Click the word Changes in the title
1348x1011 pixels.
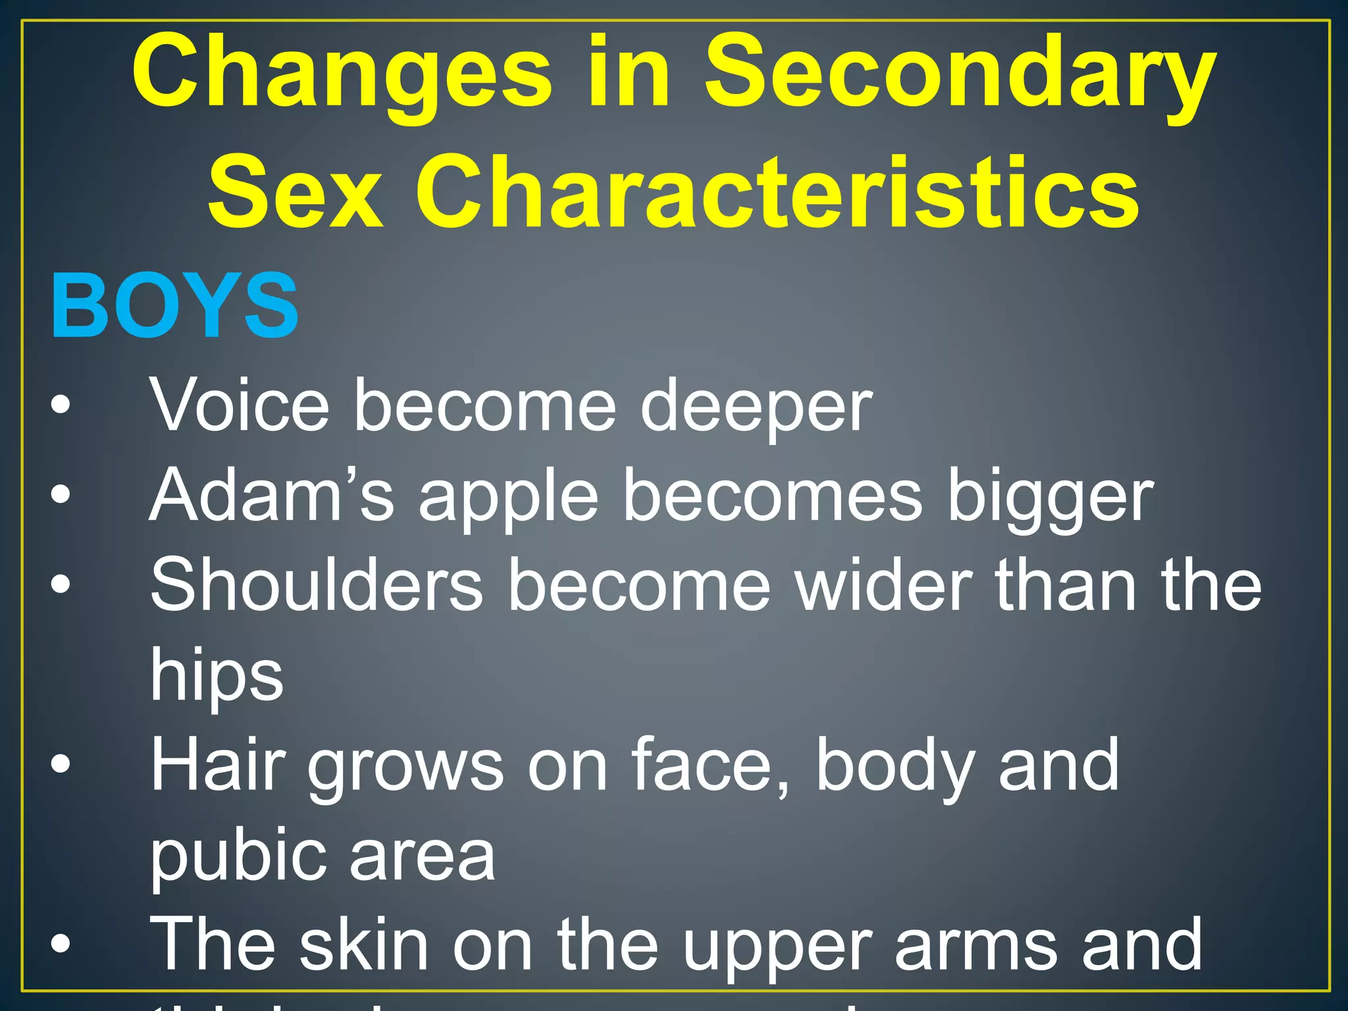342,74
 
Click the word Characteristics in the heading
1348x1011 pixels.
777,192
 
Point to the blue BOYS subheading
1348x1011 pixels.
174,307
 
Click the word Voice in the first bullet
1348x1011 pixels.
239,406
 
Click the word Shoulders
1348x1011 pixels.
317,585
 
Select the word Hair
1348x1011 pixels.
217,765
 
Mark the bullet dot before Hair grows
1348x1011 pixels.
60,764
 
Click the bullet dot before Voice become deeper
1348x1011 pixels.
60,405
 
